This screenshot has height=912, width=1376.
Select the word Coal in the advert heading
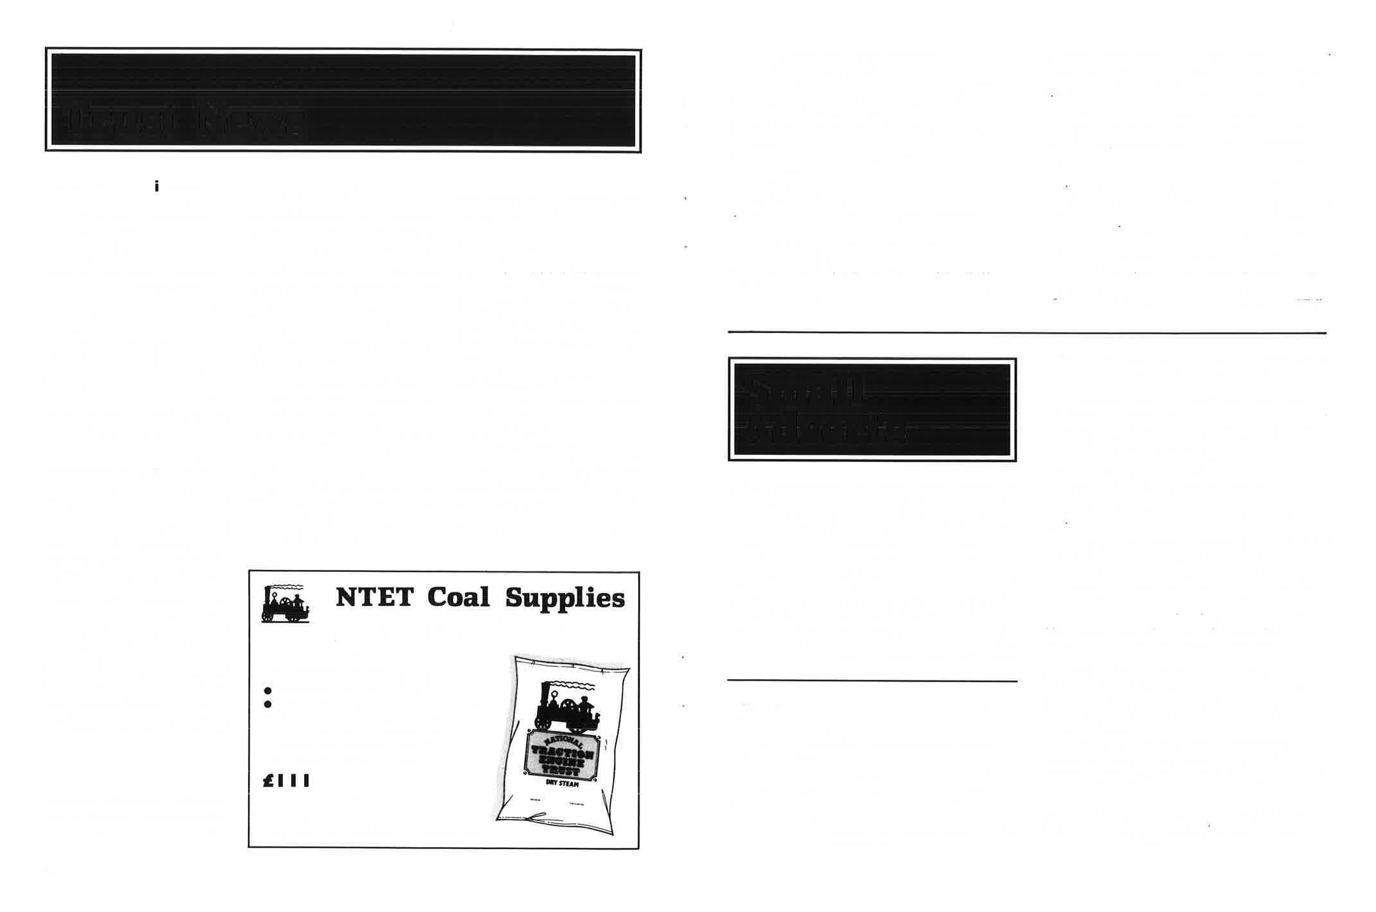pyautogui.click(x=458, y=598)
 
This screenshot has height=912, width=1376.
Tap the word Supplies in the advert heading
pyautogui.click(x=565, y=599)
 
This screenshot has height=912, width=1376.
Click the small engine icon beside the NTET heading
pyautogui.click(x=285, y=604)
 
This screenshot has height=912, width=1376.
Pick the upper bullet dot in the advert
pyautogui.click(x=268, y=691)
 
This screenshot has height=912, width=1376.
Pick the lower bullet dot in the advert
pyautogui.click(x=268, y=705)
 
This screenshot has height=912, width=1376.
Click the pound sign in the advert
pyautogui.click(x=269, y=781)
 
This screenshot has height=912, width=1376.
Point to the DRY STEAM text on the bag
pyautogui.click(x=562, y=784)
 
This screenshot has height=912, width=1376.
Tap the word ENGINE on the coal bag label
pyautogui.click(x=562, y=763)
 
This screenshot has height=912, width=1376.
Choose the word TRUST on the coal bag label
pyautogui.click(x=562, y=772)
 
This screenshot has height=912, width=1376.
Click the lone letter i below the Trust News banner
pyautogui.click(x=157, y=187)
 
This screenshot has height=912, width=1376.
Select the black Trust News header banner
pyautogui.click(x=343, y=100)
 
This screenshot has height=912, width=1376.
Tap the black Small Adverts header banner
pyautogui.click(x=872, y=409)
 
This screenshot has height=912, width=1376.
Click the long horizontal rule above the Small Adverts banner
pyautogui.click(x=1026, y=332)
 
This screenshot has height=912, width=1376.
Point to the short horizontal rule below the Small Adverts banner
pyautogui.click(x=872, y=680)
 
